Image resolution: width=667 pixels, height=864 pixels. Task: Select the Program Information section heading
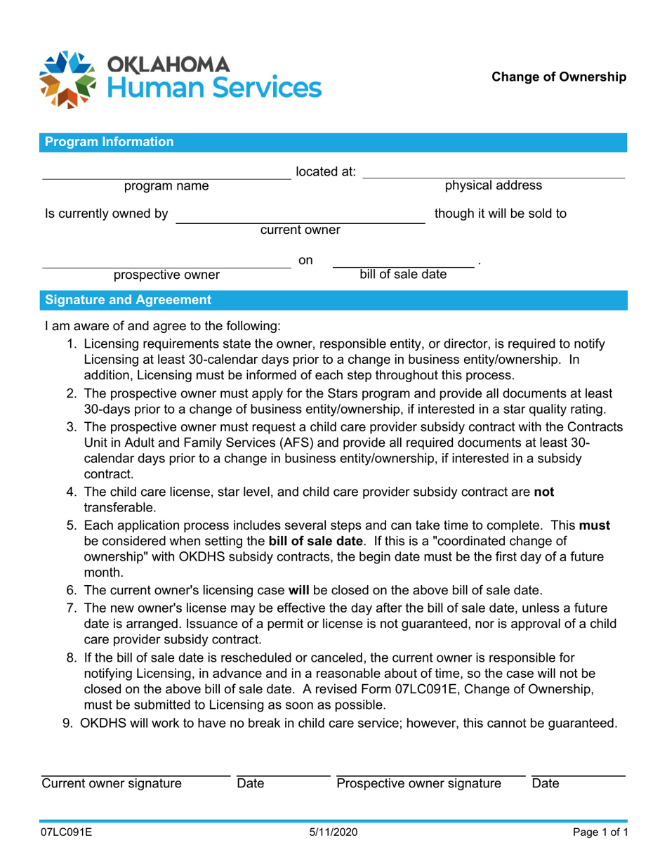pyautogui.click(x=109, y=142)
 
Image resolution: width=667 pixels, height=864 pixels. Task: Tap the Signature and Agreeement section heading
pyautogui.click(x=128, y=301)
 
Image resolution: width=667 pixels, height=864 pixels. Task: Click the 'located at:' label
pyautogui.click(x=325, y=171)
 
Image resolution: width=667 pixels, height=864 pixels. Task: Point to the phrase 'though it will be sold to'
pyautogui.click(x=501, y=213)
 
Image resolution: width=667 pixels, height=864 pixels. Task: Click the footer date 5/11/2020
pyautogui.click(x=333, y=833)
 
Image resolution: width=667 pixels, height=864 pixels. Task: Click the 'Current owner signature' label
pyautogui.click(x=112, y=783)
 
